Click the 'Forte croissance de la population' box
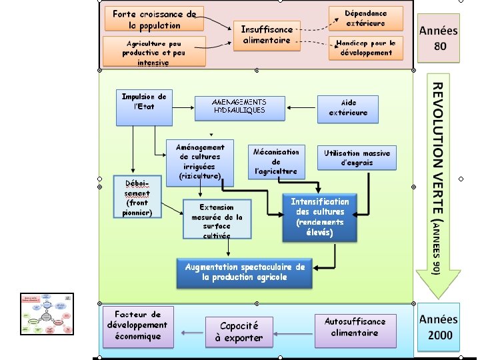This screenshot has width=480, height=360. [154, 19]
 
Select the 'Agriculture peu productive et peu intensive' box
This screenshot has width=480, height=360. [153, 52]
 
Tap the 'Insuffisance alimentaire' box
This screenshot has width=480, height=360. [267, 35]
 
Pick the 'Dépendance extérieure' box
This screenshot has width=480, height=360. [366, 18]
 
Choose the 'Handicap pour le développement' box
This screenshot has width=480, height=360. [366, 48]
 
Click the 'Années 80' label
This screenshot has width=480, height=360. [438, 38]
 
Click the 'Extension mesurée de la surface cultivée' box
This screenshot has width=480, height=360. [217, 221]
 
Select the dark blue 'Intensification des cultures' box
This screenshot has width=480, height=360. [319, 217]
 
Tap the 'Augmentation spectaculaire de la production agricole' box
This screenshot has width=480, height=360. [245, 273]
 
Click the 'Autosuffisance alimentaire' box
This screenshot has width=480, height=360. [355, 327]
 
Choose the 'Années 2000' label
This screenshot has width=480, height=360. [438, 327]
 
